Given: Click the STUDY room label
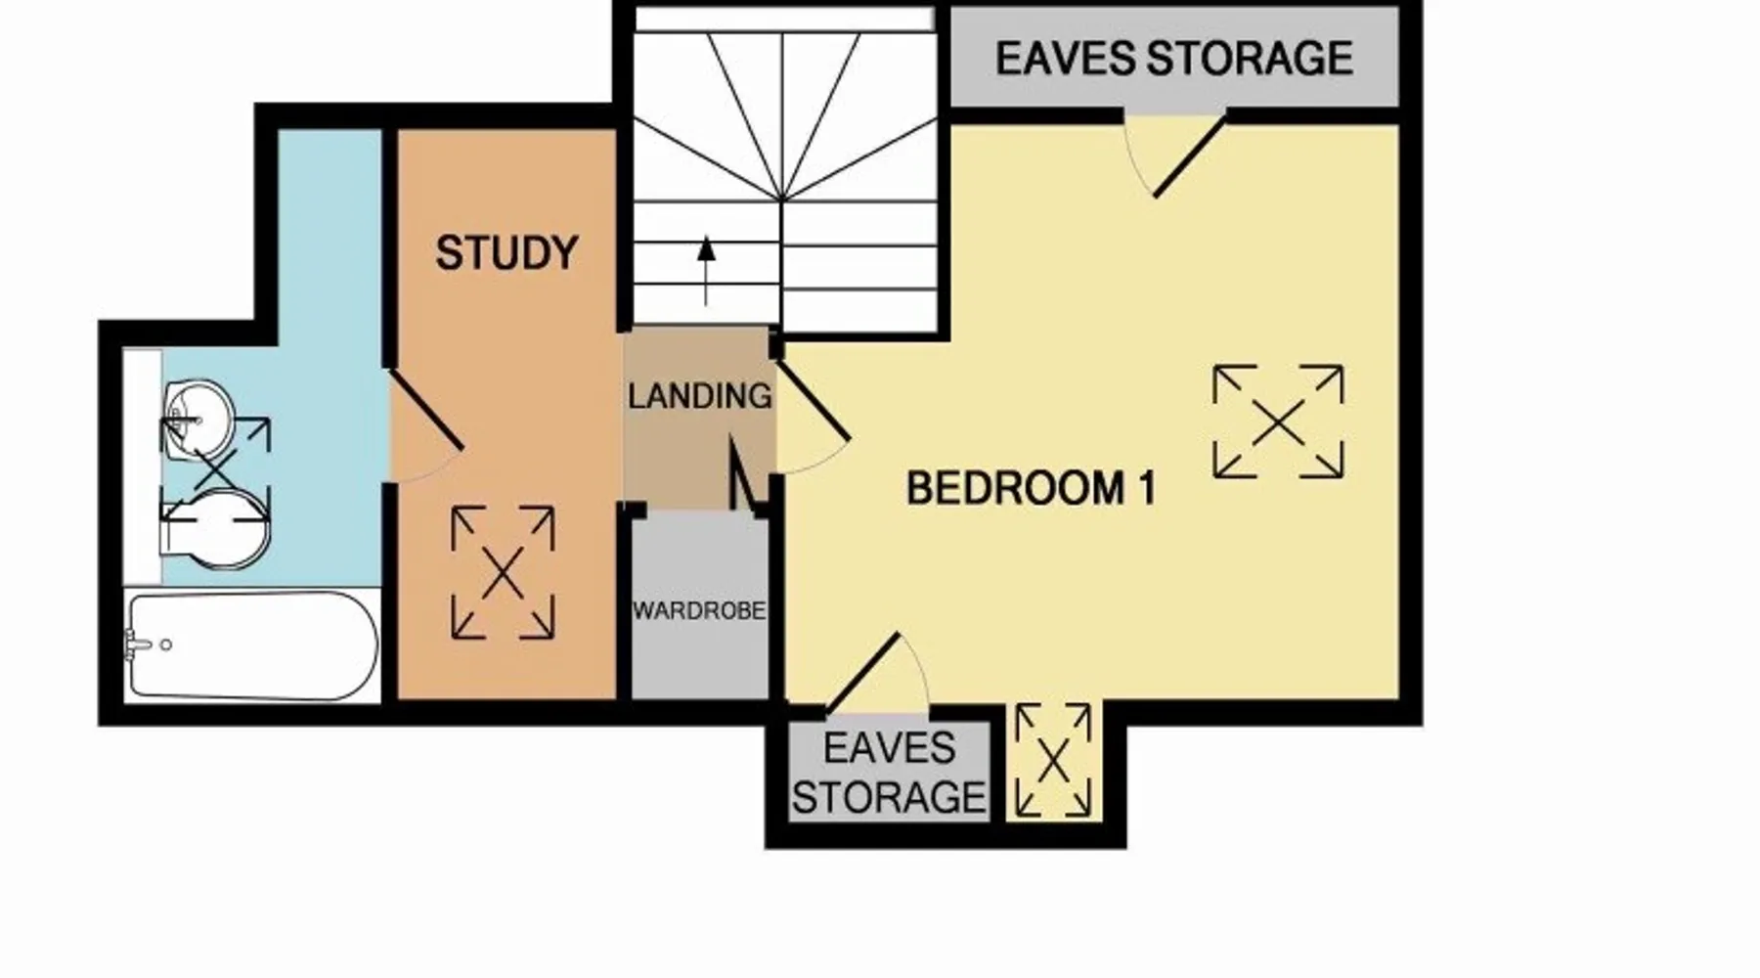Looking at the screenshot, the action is click(506, 253).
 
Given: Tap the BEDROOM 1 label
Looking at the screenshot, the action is click(1032, 488).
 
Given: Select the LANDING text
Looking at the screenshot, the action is click(699, 396).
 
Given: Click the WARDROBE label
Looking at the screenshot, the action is click(699, 611).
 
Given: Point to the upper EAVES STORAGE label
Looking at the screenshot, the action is click(1174, 59).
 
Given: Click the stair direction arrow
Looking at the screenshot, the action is click(706, 271).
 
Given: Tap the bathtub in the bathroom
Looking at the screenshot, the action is click(252, 645).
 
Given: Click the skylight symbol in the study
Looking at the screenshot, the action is click(503, 573).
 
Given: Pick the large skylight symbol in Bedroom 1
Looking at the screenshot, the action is click(1278, 422).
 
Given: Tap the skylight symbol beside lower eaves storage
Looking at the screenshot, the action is click(1053, 760).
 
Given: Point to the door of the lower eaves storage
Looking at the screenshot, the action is click(863, 674).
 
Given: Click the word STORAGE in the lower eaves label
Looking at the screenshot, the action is click(889, 797).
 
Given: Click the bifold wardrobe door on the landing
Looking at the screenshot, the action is click(746, 474).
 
